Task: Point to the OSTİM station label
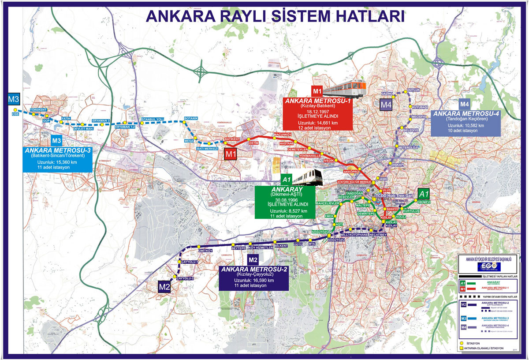point(253,143)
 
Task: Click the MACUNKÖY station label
point(283,134)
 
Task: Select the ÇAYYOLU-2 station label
point(185,279)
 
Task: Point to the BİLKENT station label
point(281,246)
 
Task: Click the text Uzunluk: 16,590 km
point(254,281)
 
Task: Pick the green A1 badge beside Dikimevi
point(424,194)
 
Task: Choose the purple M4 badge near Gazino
point(386,105)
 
